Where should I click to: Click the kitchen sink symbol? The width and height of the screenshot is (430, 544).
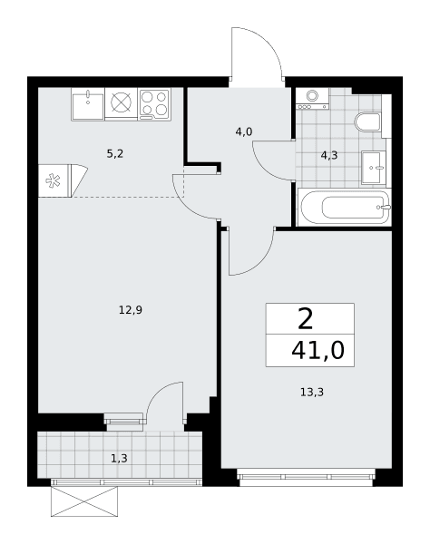pos(88,104)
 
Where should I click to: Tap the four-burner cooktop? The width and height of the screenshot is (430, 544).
pos(155,103)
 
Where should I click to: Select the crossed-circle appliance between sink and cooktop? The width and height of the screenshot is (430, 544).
pos(122,102)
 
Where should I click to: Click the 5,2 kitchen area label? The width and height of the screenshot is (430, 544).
pos(115,154)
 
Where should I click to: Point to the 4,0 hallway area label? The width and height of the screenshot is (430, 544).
pos(244,131)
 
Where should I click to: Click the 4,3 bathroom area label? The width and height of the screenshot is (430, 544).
pos(329,155)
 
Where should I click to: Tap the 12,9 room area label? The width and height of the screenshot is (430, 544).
pos(131,310)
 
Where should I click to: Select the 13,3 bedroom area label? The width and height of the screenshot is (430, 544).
pos(312,392)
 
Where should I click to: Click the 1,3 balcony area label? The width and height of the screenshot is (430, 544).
pos(119,459)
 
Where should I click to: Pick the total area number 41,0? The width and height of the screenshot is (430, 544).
pos(318,350)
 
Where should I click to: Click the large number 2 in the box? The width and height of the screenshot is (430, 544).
pos(306,319)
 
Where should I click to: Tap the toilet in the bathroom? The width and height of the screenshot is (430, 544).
pos(368,121)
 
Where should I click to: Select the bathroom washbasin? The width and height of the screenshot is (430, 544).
pos(374,168)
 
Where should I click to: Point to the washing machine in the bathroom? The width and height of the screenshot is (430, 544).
pos(312,99)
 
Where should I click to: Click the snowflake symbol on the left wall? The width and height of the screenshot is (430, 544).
pos(54,181)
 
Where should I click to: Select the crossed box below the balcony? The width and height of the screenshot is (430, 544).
pos(84,501)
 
